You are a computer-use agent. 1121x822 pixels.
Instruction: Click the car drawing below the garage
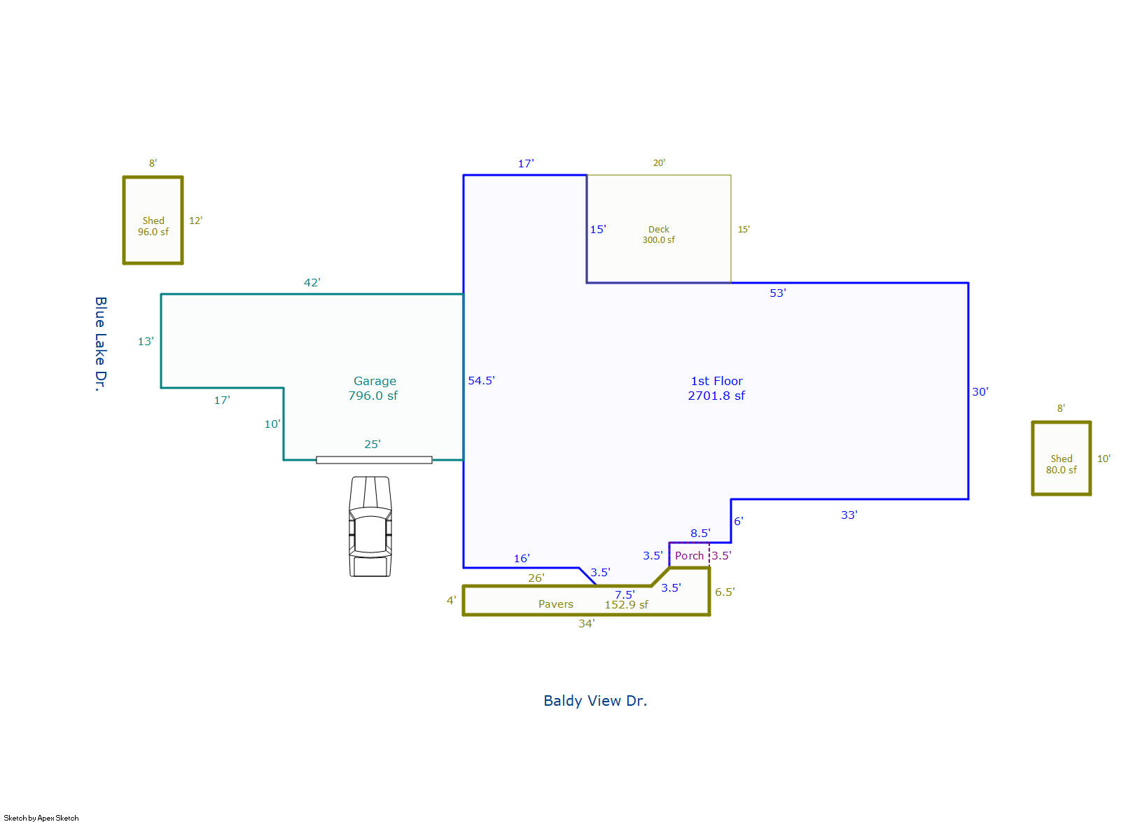(x=370, y=527)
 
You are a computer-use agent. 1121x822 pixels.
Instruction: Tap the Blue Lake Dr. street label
(x=101, y=343)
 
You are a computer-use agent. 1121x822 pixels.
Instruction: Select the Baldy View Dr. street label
(x=595, y=700)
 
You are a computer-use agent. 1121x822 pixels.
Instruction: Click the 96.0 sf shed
(x=153, y=221)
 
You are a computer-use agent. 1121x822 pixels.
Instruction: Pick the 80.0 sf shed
(x=1061, y=459)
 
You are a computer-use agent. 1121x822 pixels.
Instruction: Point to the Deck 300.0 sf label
(x=659, y=235)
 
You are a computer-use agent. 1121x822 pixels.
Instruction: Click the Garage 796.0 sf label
(x=374, y=388)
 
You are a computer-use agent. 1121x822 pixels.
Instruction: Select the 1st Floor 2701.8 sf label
(x=716, y=388)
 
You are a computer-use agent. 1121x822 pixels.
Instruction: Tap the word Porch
(x=689, y=555)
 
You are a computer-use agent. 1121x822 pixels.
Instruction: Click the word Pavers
(x=556, y=604)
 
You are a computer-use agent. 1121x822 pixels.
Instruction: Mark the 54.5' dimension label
(x=481, y=380)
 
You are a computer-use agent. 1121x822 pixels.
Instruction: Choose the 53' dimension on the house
(x=778, y=293)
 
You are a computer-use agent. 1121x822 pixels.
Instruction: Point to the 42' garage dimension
(x=312, y=282)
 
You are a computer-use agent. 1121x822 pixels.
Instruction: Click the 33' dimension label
(x=849, y=515)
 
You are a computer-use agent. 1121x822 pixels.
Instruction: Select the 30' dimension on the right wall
(x=980, y=391)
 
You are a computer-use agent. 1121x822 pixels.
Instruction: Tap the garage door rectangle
(x=374, y=460)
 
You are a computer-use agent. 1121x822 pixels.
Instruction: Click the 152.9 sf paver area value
(x=627, y=605)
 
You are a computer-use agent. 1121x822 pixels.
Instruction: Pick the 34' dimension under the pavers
(x=586, y=623)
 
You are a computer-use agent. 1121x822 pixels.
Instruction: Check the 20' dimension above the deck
(x=659, y=162)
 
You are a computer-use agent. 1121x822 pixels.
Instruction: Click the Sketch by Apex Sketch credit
(x=41, y=817)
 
